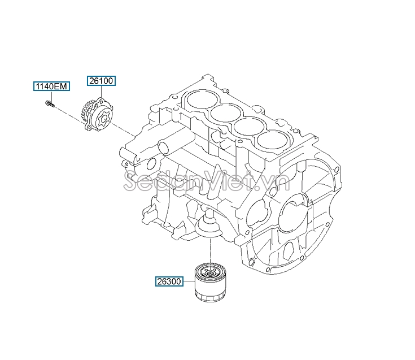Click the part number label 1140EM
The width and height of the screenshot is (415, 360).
(x=51, y=86)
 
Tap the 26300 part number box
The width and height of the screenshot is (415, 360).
(x=170, y=280)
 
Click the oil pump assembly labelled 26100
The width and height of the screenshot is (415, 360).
(x=97, y=116)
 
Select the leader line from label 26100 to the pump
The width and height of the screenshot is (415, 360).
(x=102, y=92)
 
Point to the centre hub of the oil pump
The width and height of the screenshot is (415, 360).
(x=102, y=120)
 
